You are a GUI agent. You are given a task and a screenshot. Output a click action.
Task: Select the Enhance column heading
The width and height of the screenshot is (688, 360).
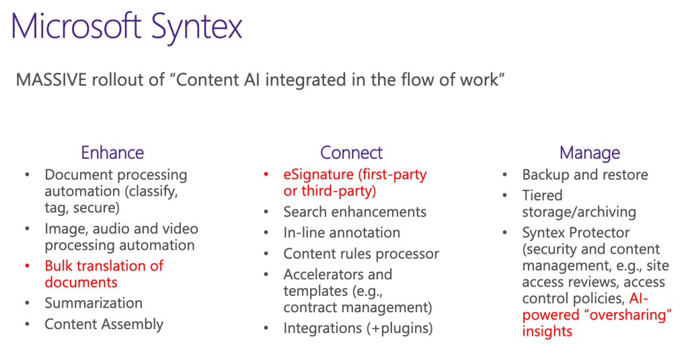[x=112, y=153]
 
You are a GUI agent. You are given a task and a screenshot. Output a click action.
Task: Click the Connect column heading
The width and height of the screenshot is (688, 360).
[x=351, y=153]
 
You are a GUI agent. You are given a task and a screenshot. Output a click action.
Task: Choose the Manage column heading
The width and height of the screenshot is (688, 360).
[x=589, y=153]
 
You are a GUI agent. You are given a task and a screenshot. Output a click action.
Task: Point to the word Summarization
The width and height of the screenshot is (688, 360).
[x=93, y=303]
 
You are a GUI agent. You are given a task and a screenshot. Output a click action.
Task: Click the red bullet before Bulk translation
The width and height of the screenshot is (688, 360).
[x=27, y=266]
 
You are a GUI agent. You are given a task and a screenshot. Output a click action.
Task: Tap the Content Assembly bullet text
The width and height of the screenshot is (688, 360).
[x=104, y=324]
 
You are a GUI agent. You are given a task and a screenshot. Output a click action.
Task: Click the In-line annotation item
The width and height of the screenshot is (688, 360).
[x=342, y=233]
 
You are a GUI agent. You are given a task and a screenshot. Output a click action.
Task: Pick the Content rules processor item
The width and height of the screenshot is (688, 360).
[x=361, y=254]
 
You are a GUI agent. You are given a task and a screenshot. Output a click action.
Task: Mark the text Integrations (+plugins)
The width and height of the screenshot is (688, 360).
[x=358, y=328]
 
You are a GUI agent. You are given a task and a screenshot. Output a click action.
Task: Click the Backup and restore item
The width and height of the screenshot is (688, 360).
[x=585, y=175]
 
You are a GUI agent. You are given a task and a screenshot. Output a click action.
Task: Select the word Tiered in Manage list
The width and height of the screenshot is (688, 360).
[x=542, y=195]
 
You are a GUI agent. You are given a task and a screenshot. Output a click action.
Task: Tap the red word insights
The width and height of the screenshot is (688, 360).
[x=547, y=331]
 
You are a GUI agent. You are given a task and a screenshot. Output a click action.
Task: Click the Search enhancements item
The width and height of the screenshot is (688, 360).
[x=354, y=212]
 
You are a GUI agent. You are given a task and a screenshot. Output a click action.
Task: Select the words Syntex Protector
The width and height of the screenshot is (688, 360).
[x=576, y=233]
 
